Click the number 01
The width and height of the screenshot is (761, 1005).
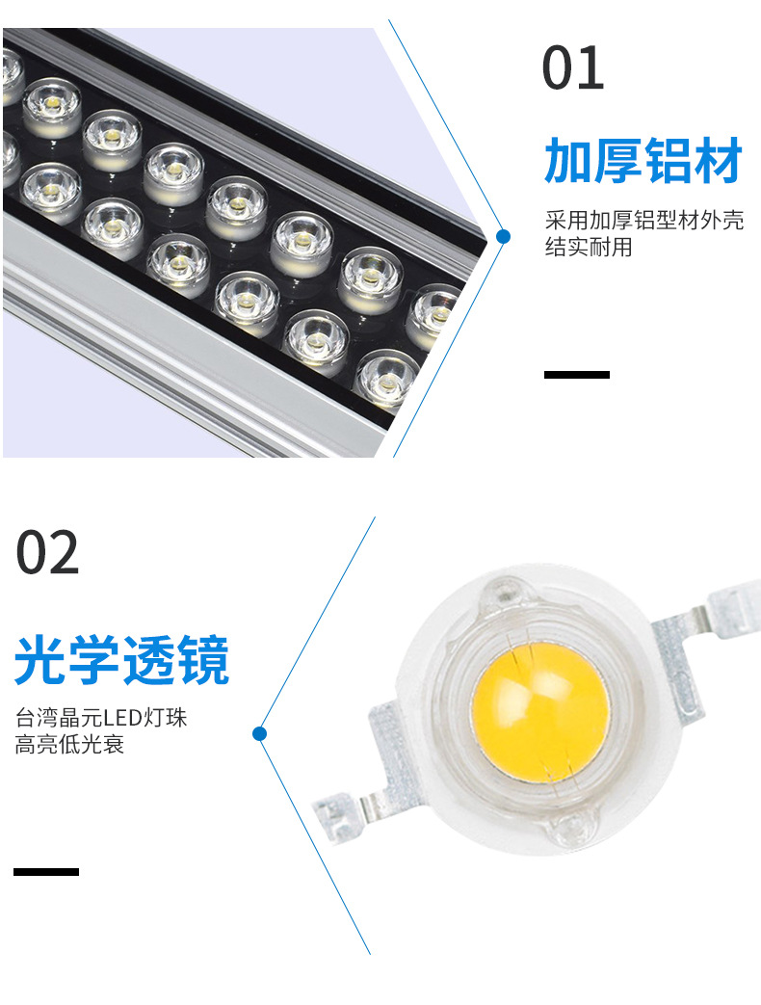pos(573,68)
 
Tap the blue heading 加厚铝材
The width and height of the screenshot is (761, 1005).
pos(643,161)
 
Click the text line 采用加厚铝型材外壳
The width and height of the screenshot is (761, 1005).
pos(644,221)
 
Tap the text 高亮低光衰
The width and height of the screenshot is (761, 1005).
pos(69,745)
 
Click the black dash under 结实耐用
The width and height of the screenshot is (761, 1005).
pos(577,375)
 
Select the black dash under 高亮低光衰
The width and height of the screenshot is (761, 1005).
pos(46,872)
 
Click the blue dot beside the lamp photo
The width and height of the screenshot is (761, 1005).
pos(503,236)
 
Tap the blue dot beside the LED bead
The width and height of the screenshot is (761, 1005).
pos(259,734)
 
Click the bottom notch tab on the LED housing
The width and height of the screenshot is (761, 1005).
pos(574,829)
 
